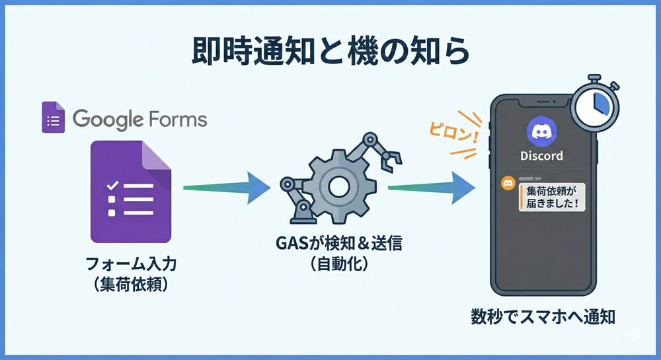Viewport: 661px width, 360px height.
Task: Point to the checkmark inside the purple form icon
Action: pos(112,184)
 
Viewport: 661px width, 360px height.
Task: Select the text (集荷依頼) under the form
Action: pos(132,285)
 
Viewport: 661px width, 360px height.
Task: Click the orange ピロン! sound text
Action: pos(452,131)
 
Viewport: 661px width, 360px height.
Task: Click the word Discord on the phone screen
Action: pos(541,157)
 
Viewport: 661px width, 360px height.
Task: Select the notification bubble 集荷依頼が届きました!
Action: pos(553,196)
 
